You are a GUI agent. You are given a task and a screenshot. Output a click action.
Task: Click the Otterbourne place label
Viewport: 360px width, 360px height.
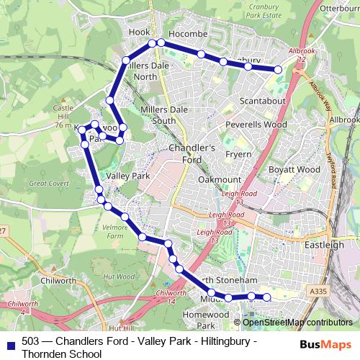[336, 8]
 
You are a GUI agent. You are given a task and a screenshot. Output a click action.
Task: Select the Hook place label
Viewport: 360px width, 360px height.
[139, 32]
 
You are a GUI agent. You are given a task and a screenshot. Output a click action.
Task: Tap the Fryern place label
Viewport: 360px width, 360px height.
[238, 154]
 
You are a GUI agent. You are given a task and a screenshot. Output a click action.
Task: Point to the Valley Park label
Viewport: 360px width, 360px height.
[127, 176]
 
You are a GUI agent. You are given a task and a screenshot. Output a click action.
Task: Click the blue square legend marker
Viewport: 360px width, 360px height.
[10, 342]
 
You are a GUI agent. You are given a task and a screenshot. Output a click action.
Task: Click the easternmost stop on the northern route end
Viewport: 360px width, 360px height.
[277, 69]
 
